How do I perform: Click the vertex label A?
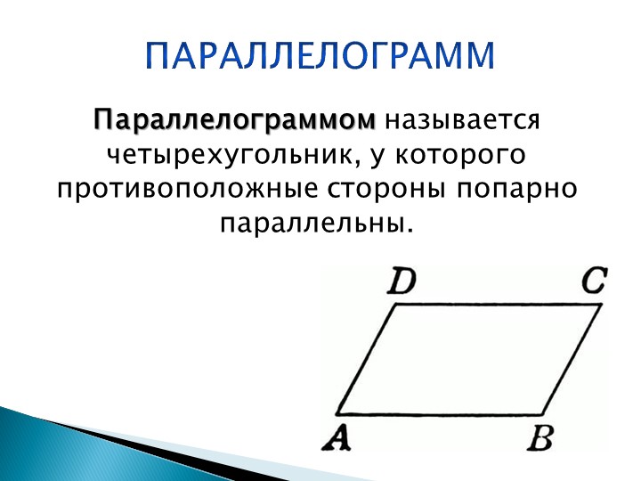pyautogui.click(x=337, y=439)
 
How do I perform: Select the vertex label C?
pyautogui.click(x=594, y=283)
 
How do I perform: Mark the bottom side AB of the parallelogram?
pyautogui.click(x=441, y=414)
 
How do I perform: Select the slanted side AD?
pyautogui.click(x=365, y=360)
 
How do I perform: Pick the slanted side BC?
pyautogui.click(x=572, y=360)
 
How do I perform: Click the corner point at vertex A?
pyautogui.click(x=336, y=414)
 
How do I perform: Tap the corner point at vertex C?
pyautogui.click(x=601, y=305)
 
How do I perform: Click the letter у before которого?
pyautogui.click(x=373, y=158)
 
